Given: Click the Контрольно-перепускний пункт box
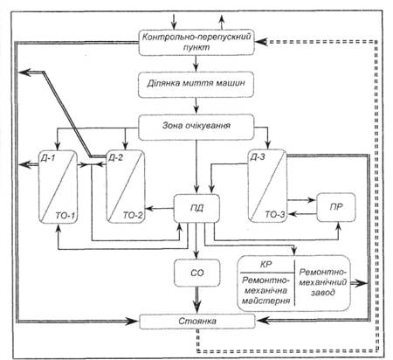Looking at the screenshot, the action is coord(196,42).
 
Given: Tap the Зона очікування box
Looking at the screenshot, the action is coord(196,127).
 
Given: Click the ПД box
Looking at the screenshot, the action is coord(196,208).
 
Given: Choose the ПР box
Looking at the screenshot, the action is coord(336,207).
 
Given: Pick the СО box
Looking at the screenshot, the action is coord(196,273).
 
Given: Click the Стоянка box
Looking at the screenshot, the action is coord(197,322).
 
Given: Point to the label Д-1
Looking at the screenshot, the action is coord(47,158).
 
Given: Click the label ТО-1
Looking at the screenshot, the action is coord(65,216).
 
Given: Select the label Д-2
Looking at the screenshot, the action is coord(115,157).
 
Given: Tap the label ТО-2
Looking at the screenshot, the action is coord(133,215).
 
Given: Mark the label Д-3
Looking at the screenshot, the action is coord(258,157).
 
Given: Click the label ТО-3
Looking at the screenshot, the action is coord(275,215).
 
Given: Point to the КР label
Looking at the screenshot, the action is coord(265,264).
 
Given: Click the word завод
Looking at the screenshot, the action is coord(322,292).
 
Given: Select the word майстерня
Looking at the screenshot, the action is coord(265,300).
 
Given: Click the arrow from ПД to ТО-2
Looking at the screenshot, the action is coord(160,208).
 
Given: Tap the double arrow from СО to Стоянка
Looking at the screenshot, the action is coord(197,301).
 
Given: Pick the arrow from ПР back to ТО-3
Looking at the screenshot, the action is coord(302,214).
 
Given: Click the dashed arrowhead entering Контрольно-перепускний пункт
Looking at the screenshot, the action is coord(261,42).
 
